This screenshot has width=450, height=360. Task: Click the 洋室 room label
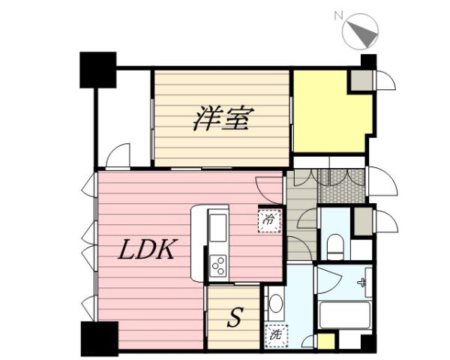[223, 119]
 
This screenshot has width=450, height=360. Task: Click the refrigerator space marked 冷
[268, 220]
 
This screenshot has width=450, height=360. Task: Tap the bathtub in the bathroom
[344, 315]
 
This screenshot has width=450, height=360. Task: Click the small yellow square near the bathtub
[325, 342]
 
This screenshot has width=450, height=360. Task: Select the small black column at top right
[367, 61]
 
